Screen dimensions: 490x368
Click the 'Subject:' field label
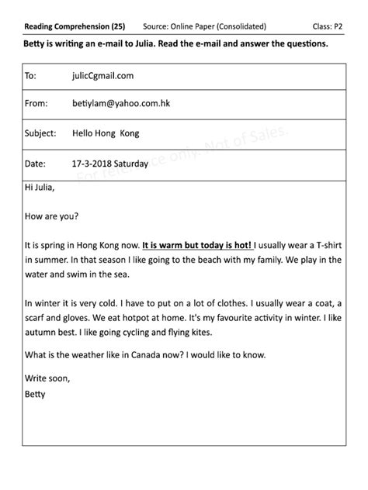pyautogui.click(x=40, y=133)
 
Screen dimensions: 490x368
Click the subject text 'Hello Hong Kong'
pyautogui.click(x=106, y=133)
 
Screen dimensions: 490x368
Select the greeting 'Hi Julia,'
pyautogui.click(x=40, y=187)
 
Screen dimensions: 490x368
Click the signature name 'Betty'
pyautogui.click(x=36, y=394)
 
